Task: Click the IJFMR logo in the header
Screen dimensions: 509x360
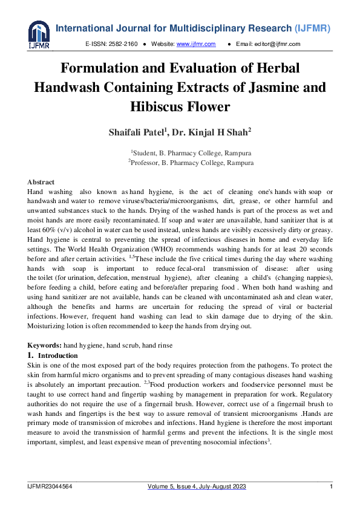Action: (39, 34)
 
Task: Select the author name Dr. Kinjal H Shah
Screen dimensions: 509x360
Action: (203, 132)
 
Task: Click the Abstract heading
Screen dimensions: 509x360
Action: (41, 182)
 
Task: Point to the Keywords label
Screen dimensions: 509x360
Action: (44, 345)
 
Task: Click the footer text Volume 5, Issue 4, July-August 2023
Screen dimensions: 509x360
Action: (197, 487)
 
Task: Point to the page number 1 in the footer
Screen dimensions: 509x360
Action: (331, 487)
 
